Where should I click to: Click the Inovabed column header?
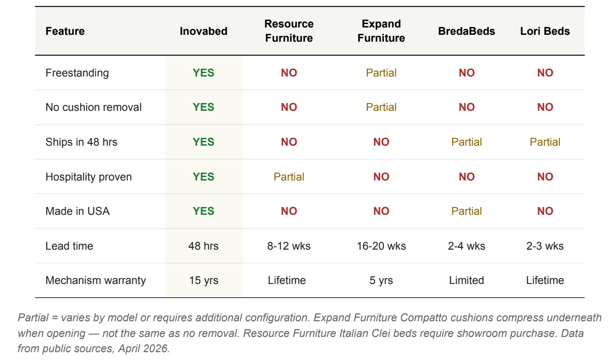click(x=203, y=31)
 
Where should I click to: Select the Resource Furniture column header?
click(x=289, y=31)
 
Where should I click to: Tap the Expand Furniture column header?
click(x=381, y=31)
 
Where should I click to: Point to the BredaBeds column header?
click(x=466, y=31)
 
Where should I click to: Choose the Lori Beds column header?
click(x=545, y=31)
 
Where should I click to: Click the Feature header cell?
click(x=65, y=31)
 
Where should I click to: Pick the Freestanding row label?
click(x=77, y=73)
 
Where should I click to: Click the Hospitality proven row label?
click(x=89, y=177)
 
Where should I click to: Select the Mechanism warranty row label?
click(x=96, y=281)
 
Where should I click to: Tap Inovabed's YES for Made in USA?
click(x=203, y=211)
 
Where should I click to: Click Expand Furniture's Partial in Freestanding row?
click(x=381, y=73)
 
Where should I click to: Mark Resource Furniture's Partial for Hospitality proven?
click(x=289, y=177)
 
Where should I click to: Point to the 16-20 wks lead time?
click(x=381, y=246)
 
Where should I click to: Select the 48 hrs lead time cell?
click(x=203, y=246)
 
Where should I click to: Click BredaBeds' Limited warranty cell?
click(x=466, y=281)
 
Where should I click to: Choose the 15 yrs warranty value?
click(x=203, y=281)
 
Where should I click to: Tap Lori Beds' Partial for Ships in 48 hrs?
click(x=545, y=142)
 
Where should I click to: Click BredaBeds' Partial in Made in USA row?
click(x=466, y=211)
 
